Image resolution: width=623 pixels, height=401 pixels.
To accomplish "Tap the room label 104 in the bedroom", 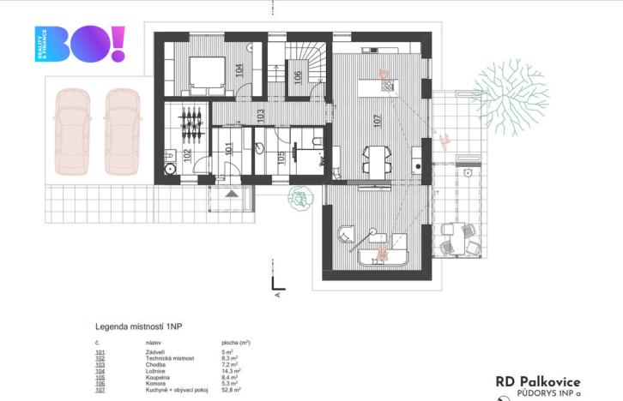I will click(239, 71).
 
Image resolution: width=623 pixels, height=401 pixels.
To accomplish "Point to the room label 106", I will click(297, 78).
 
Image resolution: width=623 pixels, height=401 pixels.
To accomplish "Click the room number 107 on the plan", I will click(375, 122).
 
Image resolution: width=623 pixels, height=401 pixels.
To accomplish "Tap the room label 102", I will click(187, 155).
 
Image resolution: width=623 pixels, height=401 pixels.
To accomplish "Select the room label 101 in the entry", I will click(227, 147).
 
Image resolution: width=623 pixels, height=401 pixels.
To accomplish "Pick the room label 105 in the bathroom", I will click(281, 158).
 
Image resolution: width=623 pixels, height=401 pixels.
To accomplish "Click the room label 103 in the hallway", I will click(261, 114).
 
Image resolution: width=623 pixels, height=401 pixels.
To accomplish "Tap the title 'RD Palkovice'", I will click(537, 382).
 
